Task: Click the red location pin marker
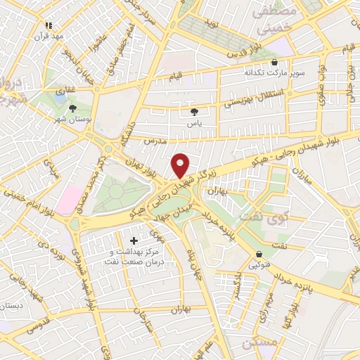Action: coord(181,165)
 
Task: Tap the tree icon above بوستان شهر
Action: coord(72,108)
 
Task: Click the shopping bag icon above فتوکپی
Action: coord(259,254)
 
